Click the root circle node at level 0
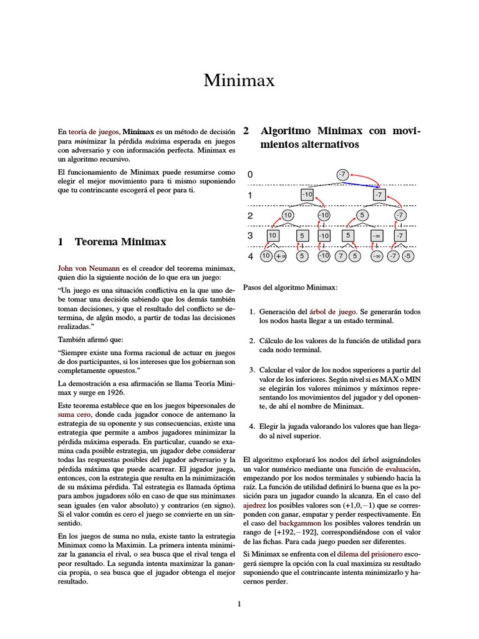342,175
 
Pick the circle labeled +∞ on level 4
280,256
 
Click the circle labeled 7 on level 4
341,256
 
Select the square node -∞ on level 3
376,236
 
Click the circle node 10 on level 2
288,215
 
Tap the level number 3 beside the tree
250,236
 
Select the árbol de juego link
337,310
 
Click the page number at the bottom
239,603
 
